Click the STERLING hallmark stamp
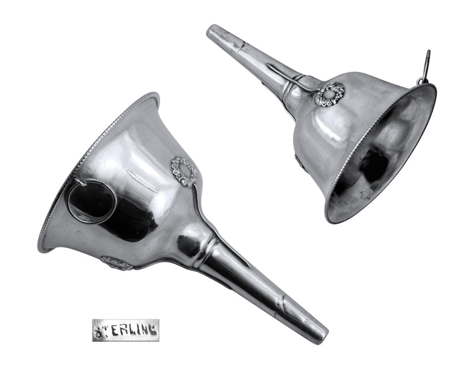(x=125, y=330)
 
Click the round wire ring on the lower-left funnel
(x=91, y=201)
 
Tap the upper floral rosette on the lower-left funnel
(x=183, y=172)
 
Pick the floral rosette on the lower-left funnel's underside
(x=116, y=263)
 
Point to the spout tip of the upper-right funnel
(x=213, y=31)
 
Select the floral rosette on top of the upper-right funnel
(x=329, y=94)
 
